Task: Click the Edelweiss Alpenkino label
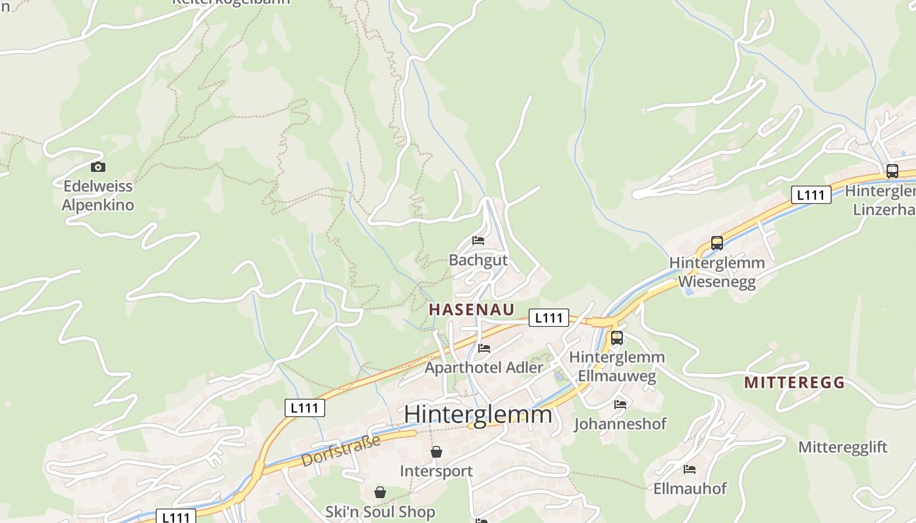(x=97, y=195)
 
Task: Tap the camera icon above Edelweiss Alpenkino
(x=98, y=167)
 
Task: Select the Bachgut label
(x=478, y=260)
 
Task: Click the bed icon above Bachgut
(x=478, y=241)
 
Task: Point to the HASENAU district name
(x=471, y=310)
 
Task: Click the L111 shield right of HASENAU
(x=548, y=318)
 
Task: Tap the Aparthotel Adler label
(x=484, y=367)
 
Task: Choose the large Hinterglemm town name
(x=478, y=414)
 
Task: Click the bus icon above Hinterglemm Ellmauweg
(x=616, y=338)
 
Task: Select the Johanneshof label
(x=620, y=424)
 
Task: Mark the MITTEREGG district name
(x=794, y=383)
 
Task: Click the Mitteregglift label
(x=843, y=447)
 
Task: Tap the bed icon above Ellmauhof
(x=690, y=469)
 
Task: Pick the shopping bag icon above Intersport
(x=436, y=452)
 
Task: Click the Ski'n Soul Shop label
(x=380, y=511)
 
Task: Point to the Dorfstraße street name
(x=340, y=451)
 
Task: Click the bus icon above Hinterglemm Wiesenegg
(x=717, y=243)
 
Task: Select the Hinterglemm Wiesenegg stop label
(x=717, y=272)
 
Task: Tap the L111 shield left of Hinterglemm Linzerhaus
(x=811, y=195)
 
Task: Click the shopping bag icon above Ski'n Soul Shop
(x=380, y=492)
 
